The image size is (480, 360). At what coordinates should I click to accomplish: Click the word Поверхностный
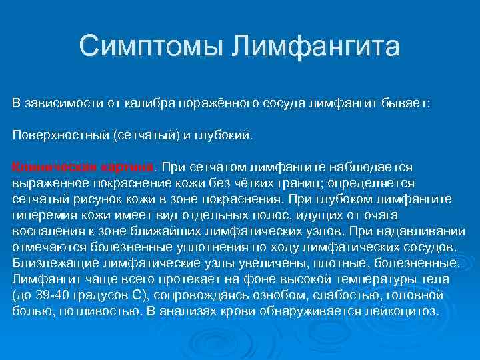pos(61,135)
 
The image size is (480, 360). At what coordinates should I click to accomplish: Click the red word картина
pos(127,167)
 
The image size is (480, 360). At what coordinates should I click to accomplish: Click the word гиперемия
pos(44,215)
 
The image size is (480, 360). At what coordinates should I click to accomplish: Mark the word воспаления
pos(45,231)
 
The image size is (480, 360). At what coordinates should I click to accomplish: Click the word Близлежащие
pos(50,263)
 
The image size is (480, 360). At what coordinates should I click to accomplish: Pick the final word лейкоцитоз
pos(403,311)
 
